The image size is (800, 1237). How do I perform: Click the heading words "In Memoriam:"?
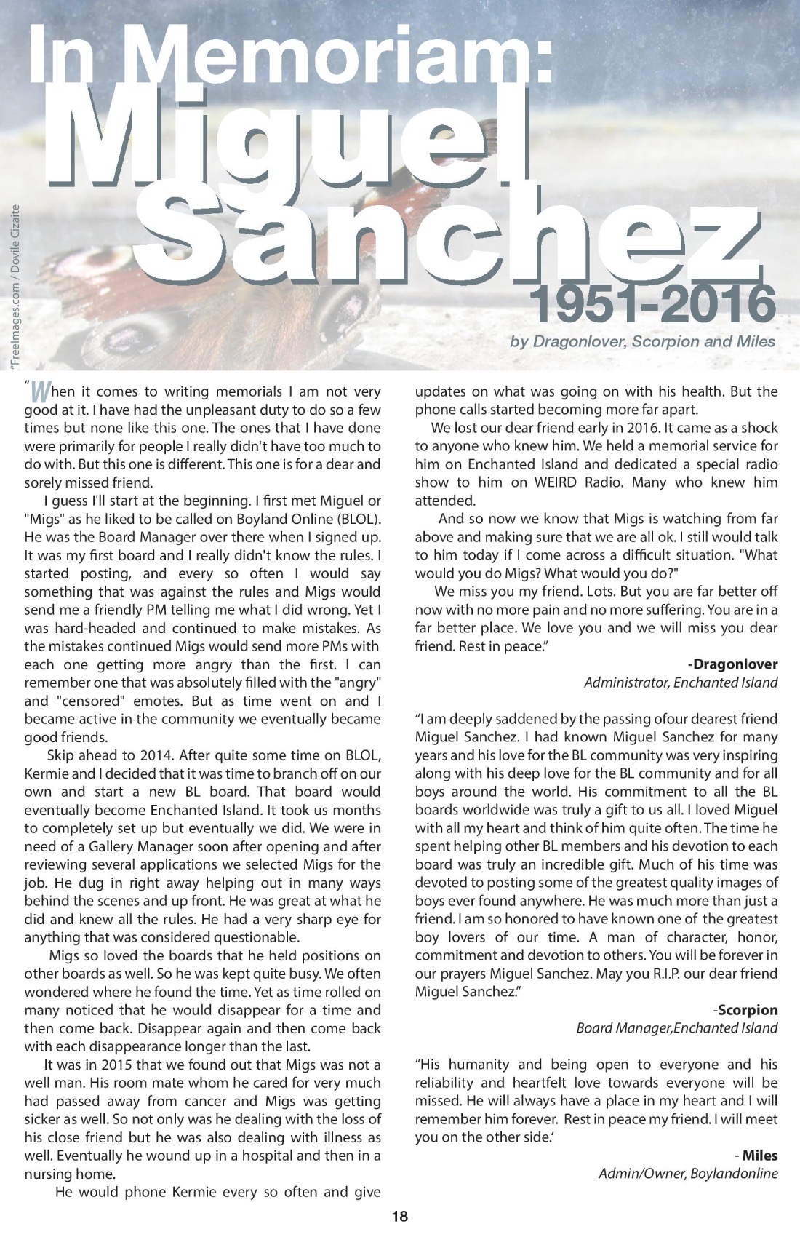coord(291,55)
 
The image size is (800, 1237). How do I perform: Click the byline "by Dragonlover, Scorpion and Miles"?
coord(642,341)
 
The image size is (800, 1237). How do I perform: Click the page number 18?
coord(400,1216)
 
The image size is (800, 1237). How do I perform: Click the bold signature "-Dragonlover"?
coord(732,664)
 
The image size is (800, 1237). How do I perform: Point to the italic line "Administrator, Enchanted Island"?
coord(681,683)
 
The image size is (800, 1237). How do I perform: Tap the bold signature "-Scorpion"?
coord(745,1010)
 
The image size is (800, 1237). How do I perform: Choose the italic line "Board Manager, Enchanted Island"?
coord(676,1028)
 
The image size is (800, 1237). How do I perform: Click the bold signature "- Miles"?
coord(756,1156)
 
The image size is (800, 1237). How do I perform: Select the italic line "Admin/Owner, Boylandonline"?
coord(688,1174)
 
